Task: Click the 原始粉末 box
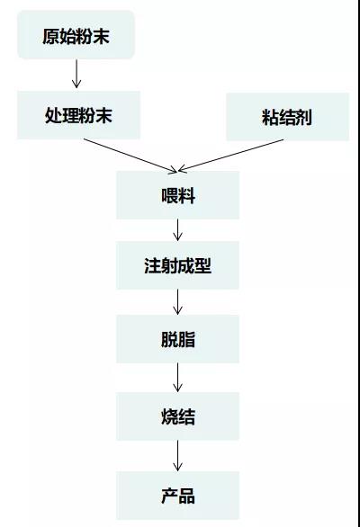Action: tap(76, 34)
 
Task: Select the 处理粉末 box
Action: tap(78, 115)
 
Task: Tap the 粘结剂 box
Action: tap(287, 117)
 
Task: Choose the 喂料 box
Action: tap(177, 195)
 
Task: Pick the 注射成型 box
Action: tap(177, 265)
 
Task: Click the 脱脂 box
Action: tap(177, 339)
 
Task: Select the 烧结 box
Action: tap(177, 416)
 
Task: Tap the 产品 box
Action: tap(177, 496)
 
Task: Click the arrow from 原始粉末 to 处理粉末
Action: tap(76, 74)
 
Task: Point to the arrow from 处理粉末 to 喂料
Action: tap(130, 156)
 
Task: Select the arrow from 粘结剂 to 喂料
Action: tap(230, 156)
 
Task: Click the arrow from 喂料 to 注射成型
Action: tap(177, 230)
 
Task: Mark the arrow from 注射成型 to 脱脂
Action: tap(177, 302)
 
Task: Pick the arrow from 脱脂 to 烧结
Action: tap(177, 378)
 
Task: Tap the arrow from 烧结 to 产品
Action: tap(177, 456)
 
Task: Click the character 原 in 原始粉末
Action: tap(50, 36)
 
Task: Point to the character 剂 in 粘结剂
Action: tap(304, 117)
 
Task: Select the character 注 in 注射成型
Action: tap(153, 265)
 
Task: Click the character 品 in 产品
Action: tap(186, 496)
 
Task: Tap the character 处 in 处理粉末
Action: tap(53, 115)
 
